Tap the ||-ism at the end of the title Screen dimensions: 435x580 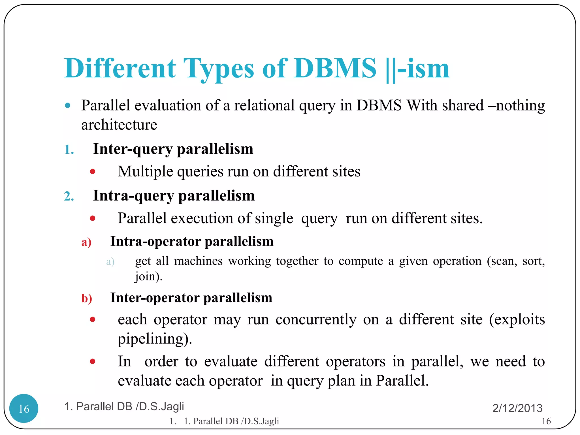click(418, 69)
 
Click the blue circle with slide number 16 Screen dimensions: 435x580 click(24, 408)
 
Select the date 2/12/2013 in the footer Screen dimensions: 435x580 click(517, 408)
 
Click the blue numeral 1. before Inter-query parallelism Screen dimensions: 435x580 click(69, 150)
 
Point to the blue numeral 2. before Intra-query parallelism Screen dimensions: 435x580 click(69, 196)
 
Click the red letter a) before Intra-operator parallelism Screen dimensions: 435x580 click(86, 242)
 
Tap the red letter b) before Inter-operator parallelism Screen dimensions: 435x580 click(87, 298)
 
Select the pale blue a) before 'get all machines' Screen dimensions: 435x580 click(110, 261)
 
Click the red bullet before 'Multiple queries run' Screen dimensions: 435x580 click(93, 171)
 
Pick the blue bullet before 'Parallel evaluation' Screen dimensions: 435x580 click(68, 106)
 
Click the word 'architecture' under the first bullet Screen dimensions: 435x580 click(119, 125)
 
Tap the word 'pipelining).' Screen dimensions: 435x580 click(155, 339)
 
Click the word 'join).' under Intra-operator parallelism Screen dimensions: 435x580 click(148, 276)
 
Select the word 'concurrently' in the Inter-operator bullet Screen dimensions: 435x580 click(316, 320)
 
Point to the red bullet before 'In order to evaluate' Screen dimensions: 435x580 click(93, 361)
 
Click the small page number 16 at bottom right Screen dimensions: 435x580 click(546, 421)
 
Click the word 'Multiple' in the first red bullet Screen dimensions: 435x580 click(145, 172)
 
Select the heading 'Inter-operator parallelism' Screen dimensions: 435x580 click(191, 298)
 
